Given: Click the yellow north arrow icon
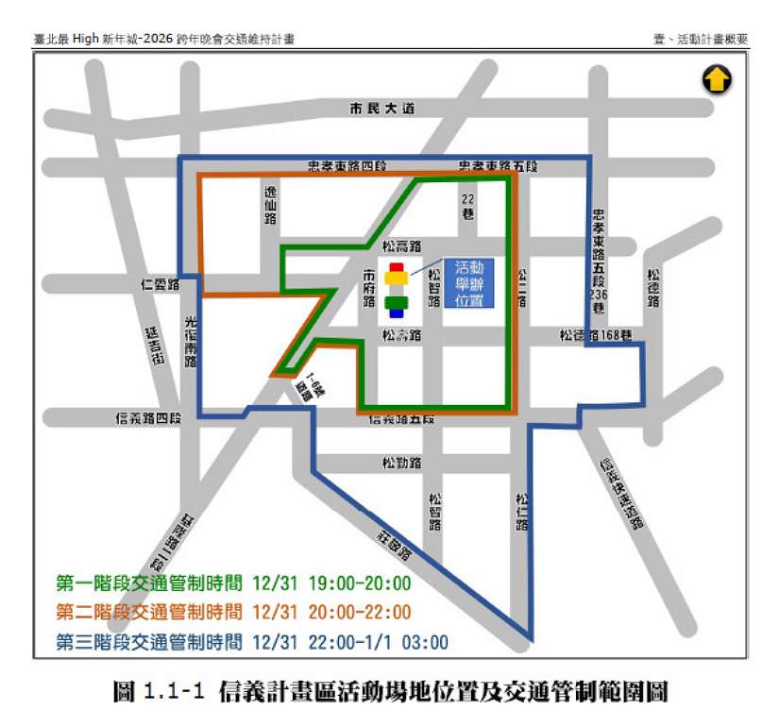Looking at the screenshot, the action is tap(717, 80).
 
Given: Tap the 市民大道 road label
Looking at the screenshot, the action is tap(381, 110).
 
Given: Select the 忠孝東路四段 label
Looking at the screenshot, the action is tap(347, 166).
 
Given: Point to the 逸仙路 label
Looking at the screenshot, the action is tap(270, 204).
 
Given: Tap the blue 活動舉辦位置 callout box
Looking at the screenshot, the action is tap(469, 282).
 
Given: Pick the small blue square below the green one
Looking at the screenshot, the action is tap(396, 313).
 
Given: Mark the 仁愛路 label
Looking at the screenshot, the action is tap(160, 283).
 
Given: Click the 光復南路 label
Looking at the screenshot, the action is tap(191, 339).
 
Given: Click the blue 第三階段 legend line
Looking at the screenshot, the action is tap(252, 642).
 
